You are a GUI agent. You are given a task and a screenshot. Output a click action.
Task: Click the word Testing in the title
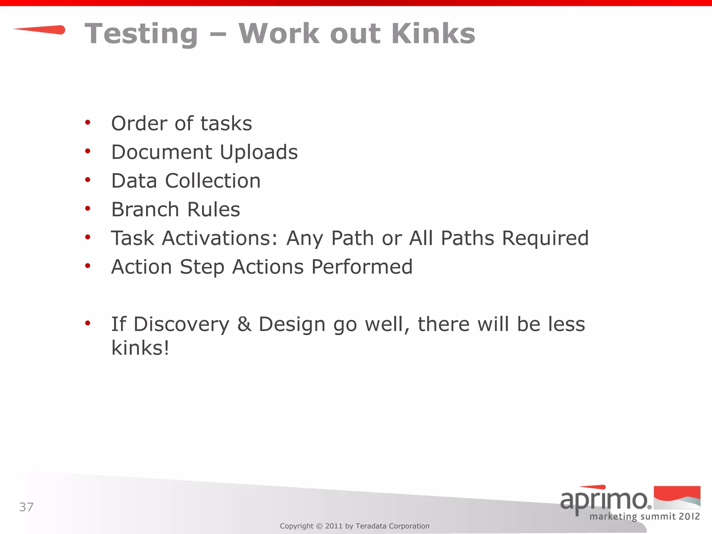click(x=141, y=34)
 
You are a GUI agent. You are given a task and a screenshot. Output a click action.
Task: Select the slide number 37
click(x=26, y=507)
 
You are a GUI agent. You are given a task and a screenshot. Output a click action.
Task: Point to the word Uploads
click(x=259, y=152)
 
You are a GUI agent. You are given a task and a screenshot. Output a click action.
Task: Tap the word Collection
click(x=212, y=181)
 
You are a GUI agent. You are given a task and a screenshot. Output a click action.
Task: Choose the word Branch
click(x=145, y=210)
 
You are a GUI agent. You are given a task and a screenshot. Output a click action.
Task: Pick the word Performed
click(x=362, y=267)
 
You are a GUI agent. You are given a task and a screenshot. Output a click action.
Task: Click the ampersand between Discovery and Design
click(x=244, y=324)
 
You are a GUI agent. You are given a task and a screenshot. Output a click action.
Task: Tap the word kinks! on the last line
click(x=140, y=348)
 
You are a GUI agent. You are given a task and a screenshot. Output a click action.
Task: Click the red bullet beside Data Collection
click(x=88, y=180)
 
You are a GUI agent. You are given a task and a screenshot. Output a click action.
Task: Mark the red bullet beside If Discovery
click(x=88, y=323)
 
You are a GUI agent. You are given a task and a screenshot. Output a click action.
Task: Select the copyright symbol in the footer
click(x=319, y=526)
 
